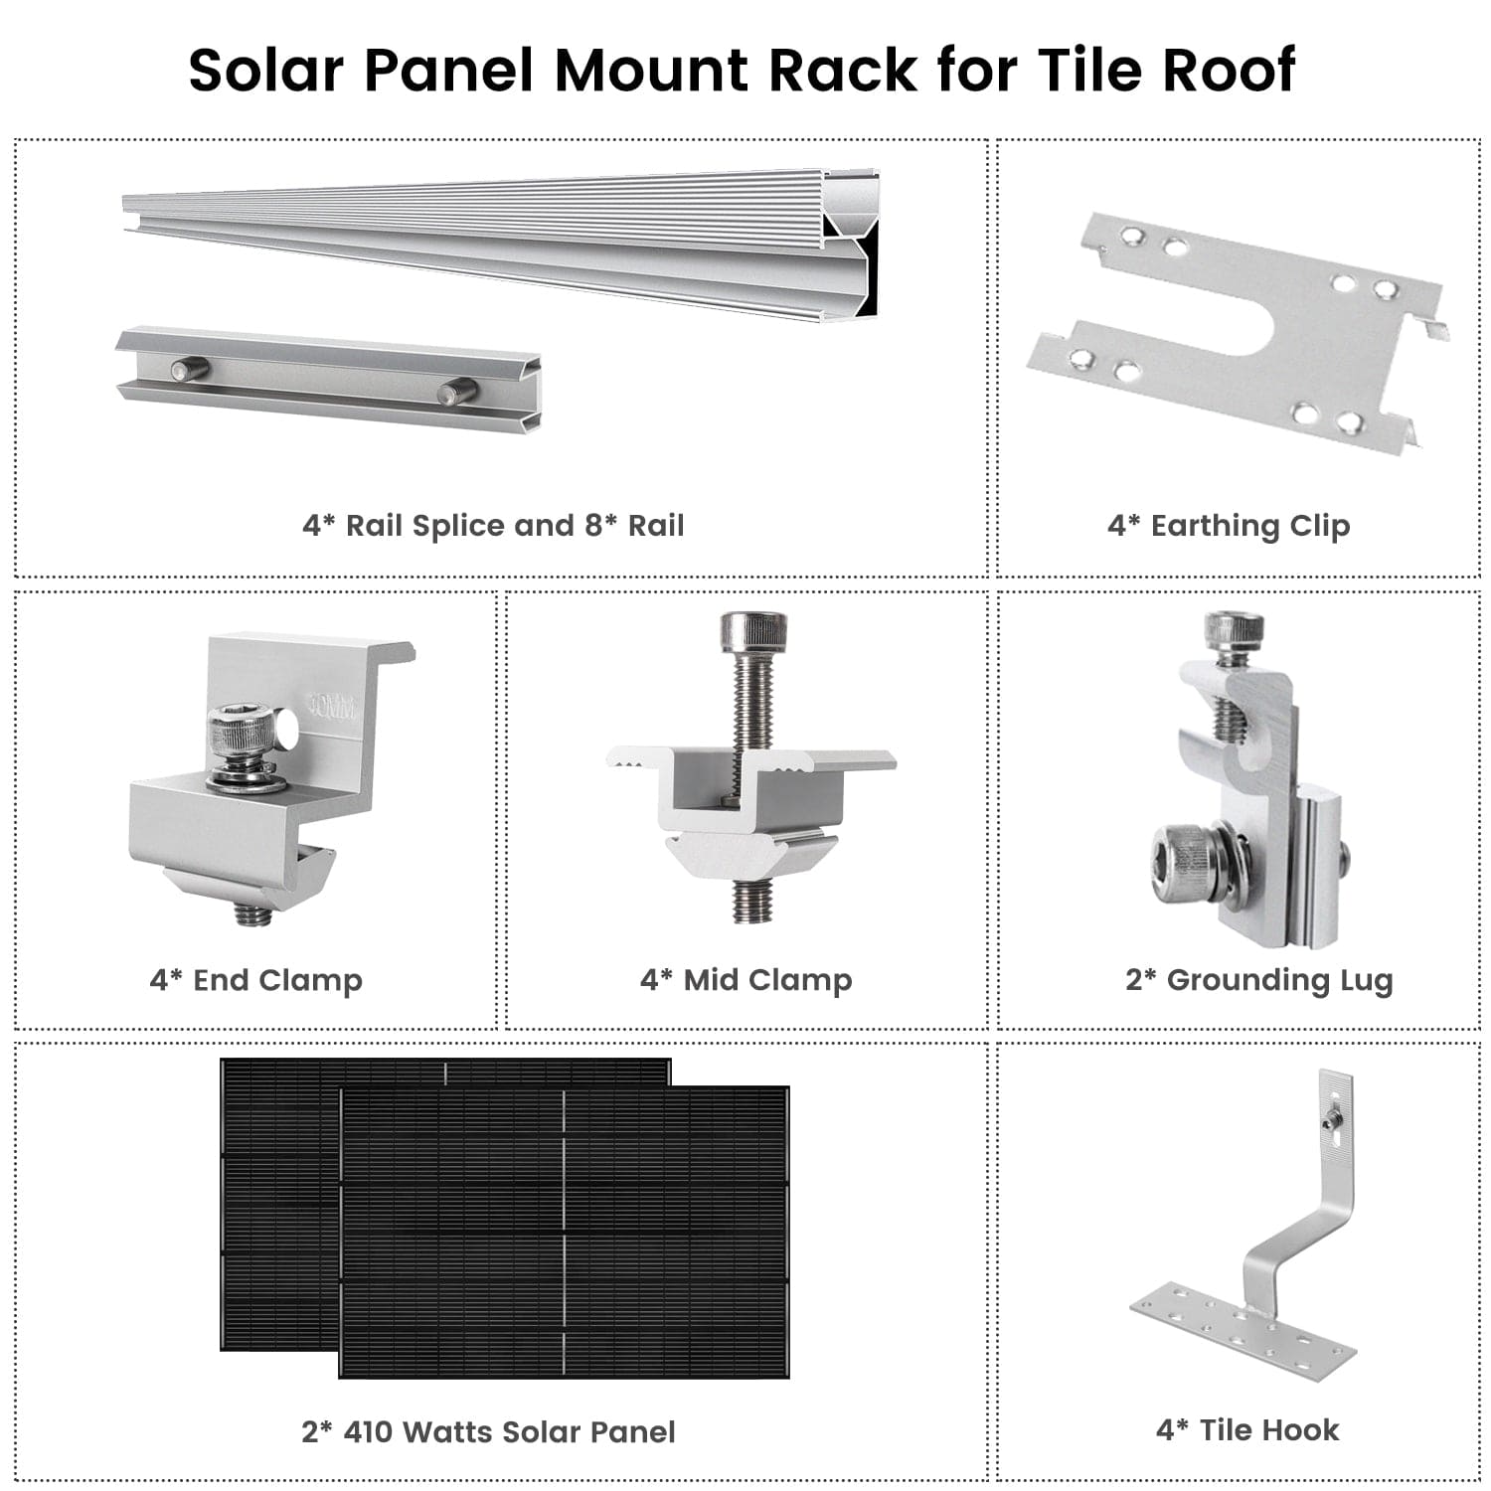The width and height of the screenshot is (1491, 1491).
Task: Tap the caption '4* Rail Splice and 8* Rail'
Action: (493, 525)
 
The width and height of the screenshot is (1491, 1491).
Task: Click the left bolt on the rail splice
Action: (189, 370)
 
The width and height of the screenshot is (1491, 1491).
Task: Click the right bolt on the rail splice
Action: (458, 393)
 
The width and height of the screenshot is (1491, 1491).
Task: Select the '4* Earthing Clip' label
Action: (1229, 525)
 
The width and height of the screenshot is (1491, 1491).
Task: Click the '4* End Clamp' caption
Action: (255, 980)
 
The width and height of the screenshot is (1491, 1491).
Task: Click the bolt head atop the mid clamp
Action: (753, 630)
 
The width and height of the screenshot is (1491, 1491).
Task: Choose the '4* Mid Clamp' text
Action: (745, 980)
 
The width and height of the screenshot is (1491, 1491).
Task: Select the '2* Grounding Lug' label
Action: (1258, 980)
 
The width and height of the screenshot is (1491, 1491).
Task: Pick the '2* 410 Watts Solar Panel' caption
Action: (488, 1431)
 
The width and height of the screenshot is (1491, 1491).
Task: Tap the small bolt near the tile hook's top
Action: (1328, 1122)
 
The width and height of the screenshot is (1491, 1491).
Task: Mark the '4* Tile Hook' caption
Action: (1247, 1429)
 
